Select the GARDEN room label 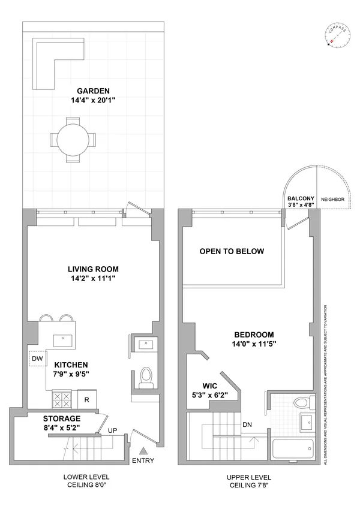[x=92, y=91]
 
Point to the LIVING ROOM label [x=93, y=269]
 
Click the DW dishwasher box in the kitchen [x=37, y=359]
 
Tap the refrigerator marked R [x=87, y=399]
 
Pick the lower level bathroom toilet [x=144, y=376]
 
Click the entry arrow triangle [x=143, y=450]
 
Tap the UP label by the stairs [x=112, y=430]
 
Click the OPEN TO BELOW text [x=232, y=251]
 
